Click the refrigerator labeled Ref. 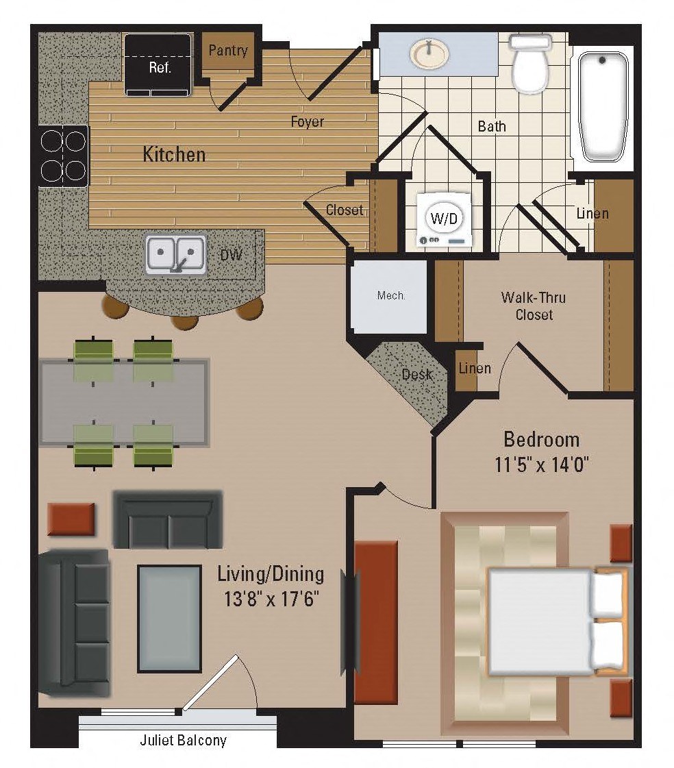(158, 64)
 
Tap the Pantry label (228, 50)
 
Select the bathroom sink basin (429, 54)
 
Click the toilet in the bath (530, 63)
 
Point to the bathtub (603, 107)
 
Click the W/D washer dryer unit (445, 219)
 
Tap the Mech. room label (391, 295)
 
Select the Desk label (417, 375)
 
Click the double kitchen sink (176, 253)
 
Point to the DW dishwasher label (232, 254)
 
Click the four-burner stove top (64, 156)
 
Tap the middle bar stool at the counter (185, 322)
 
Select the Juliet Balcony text (183, 740)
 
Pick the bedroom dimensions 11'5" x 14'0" (541, 464)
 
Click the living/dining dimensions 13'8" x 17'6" (271, 599)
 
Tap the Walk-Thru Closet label (534, 306)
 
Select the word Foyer (307, 121)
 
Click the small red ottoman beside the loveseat (71, 519)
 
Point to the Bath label (492, 126)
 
